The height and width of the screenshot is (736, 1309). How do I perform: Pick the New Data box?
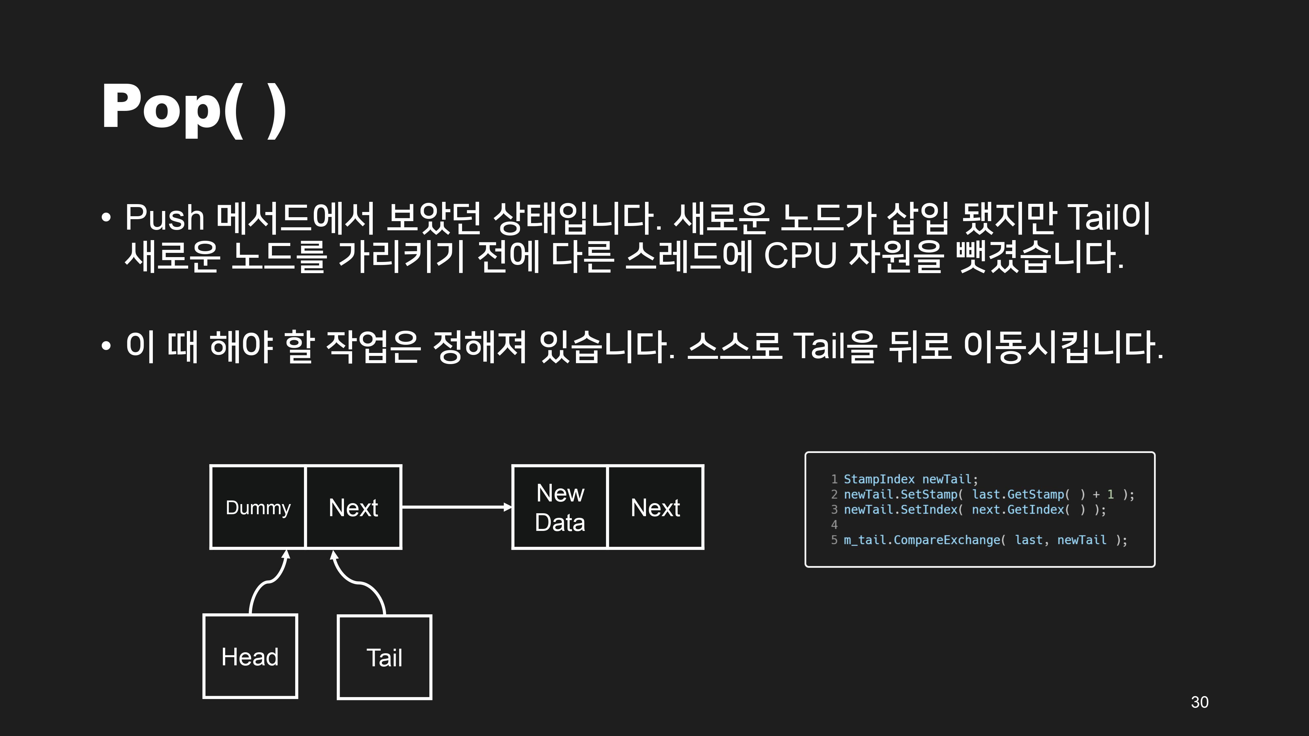(560, 507)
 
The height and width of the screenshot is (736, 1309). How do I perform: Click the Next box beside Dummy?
(353, 507)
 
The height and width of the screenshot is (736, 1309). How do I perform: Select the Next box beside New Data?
(655, 507)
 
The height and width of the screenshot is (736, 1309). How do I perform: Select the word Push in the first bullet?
(164, 218)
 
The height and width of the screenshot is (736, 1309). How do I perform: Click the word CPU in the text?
(800, 255)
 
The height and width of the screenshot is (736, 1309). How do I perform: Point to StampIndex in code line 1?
(879, 479)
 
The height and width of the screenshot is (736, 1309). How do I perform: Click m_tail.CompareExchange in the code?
(922, 540)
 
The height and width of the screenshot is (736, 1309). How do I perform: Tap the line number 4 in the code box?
(834, 525)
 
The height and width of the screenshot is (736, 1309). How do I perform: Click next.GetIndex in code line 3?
(1017, 509)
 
